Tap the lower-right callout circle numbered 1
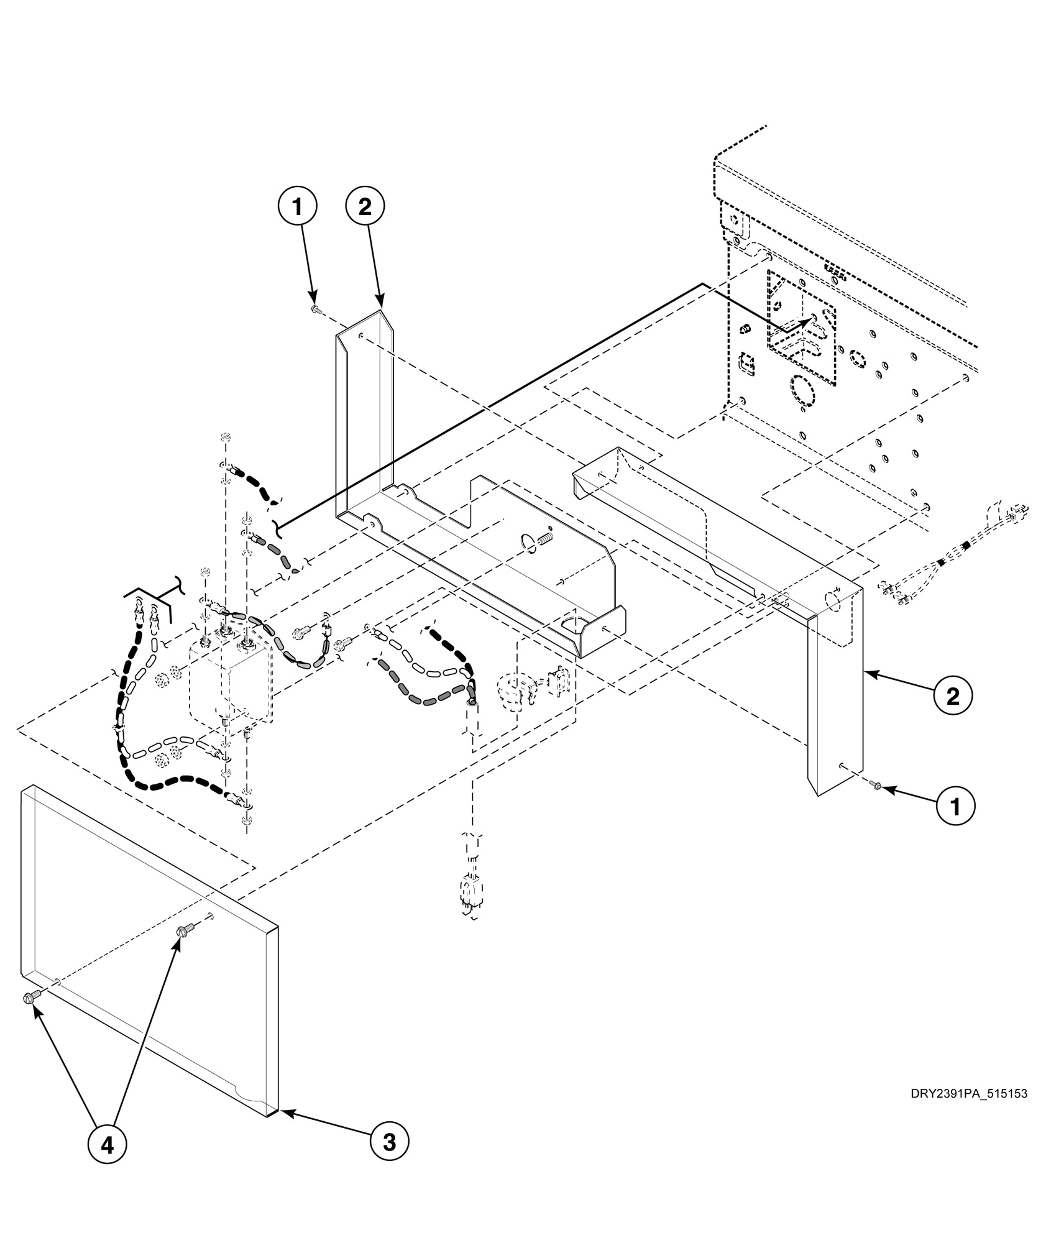pos(955,806)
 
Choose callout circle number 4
pos(107,1144)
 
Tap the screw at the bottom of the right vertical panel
pos(876,786)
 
